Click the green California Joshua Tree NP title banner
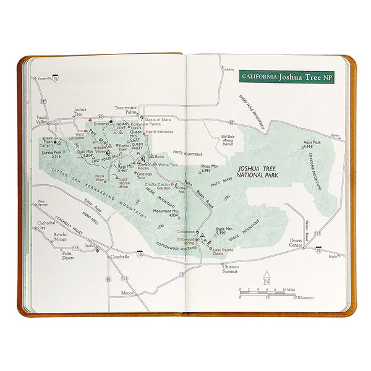coord(286,78)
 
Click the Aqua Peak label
coord(312,143)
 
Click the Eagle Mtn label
coord(225,230)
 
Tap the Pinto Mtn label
coord(210,168)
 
